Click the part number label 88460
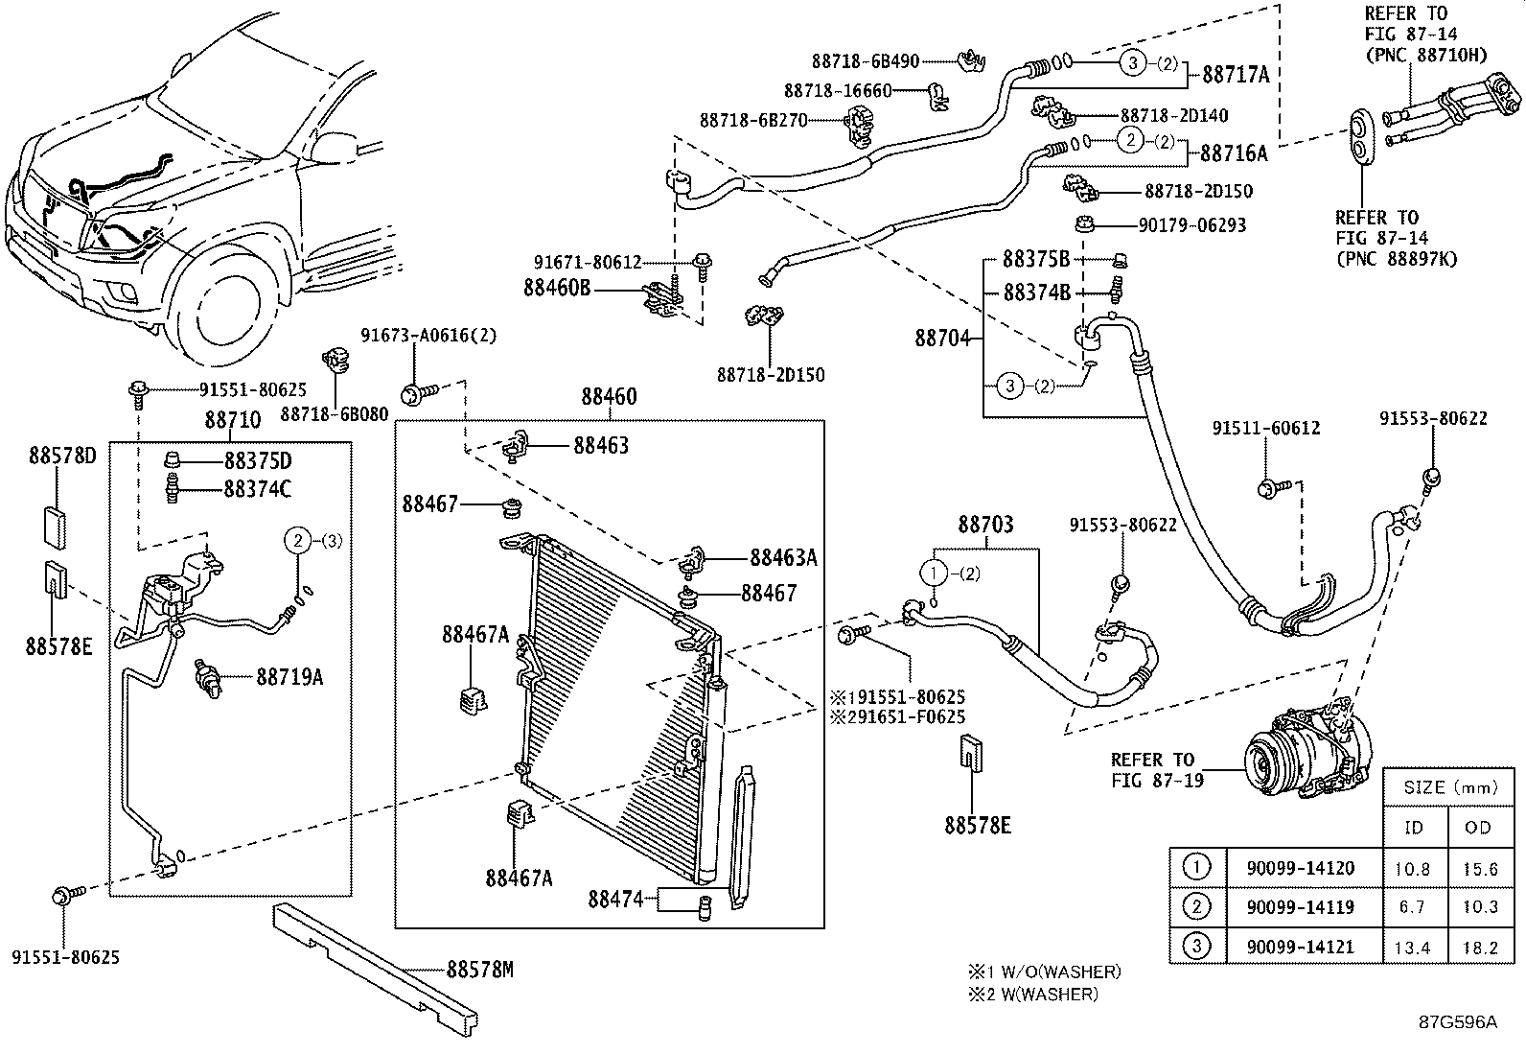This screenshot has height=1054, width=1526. [x=610, y=397]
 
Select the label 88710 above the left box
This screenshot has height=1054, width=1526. [x=232, y=419]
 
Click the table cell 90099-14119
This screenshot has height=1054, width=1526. [x=1300, y=906]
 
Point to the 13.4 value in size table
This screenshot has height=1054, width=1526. [x=1412, y=948]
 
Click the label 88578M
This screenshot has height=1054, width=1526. [x=479, y=970]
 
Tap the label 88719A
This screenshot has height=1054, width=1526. [x=289, y=677]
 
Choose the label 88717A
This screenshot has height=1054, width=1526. [x=1235, y=75]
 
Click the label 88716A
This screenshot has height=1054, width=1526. [x=1234, y=153]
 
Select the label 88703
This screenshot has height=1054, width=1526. [x=985, y=525]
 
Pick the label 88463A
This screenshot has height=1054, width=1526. [x=783, y=558]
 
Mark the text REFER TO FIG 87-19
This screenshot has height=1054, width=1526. [x=1152, y=770]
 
